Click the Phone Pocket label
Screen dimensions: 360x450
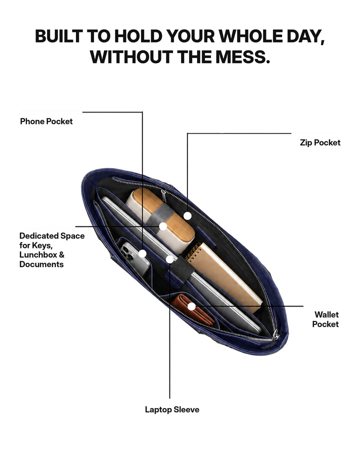[x=46, y=121]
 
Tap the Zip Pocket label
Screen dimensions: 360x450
[x=320, y=142]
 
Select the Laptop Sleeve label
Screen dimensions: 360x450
[x=172, y=409]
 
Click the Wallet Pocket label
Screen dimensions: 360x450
[x=325, y=319]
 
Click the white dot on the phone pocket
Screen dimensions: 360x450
[x=142, y=253]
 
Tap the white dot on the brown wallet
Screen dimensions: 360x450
[x=191, y=306]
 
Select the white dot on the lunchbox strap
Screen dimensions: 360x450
[x=163, y=226]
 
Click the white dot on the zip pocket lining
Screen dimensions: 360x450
[x=187, y=216]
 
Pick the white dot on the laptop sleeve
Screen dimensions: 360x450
[x=169, y=259]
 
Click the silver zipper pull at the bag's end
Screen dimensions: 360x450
[x=276, y=334]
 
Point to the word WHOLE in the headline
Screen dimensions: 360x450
[x=249, y=36]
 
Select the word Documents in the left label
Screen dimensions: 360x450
[x=41, y=264]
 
